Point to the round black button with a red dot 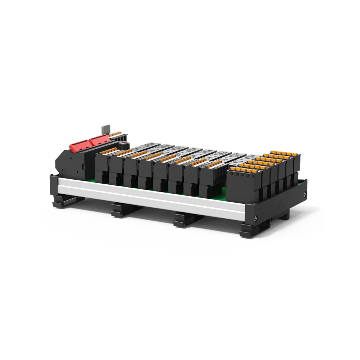(124, 145)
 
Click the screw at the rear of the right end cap (306, 195)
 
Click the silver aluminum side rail (151, 196)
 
